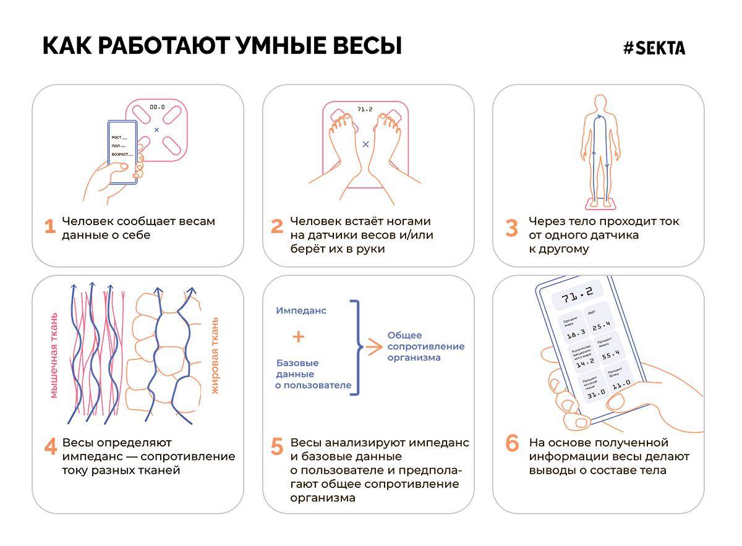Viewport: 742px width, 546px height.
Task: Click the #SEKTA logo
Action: (654, 48)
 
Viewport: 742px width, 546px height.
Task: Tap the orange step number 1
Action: (50, 227)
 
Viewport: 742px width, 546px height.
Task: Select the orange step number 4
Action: (50, 447)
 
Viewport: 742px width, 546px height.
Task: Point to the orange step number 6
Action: (512, 443)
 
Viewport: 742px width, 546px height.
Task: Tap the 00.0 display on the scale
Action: (157, 106)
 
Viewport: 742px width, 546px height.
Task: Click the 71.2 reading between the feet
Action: (365, 109)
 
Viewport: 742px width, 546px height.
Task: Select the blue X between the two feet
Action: (365, 143)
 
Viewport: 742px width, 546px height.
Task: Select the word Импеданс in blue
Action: (301, 310)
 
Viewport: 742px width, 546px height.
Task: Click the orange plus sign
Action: (299, 336)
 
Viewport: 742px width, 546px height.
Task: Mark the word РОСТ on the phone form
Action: (116, 137)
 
